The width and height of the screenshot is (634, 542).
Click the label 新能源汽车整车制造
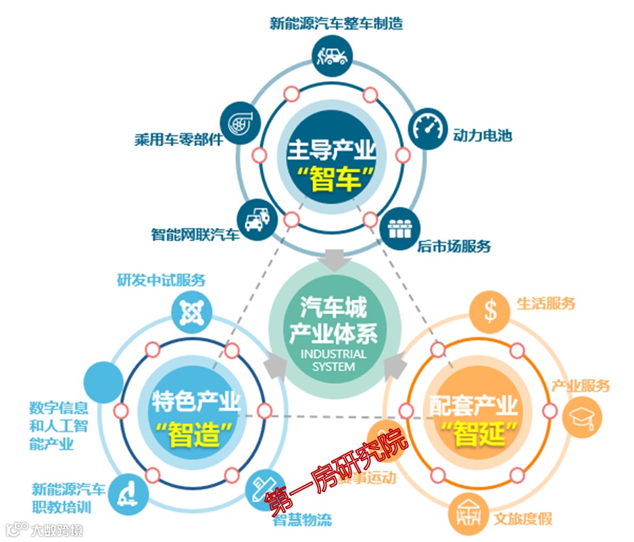[x=336, y=24]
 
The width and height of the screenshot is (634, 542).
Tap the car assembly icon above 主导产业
[x=331, y=55]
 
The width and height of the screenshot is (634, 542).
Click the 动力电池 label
[x=483, y=135]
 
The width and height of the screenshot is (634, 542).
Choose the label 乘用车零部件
[x=178, y=141]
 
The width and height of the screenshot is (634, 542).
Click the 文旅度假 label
[x=522, y=519]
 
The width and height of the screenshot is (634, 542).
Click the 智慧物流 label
[x=302, y=520]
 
